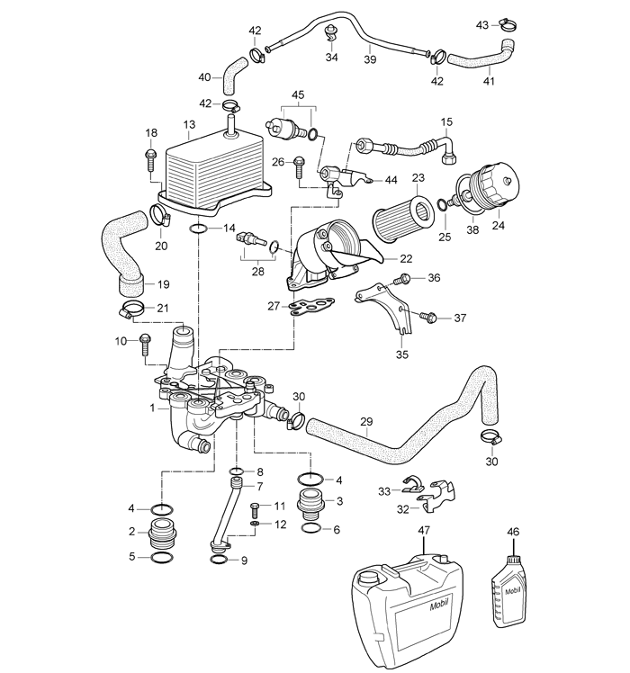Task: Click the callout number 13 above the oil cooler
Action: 188,124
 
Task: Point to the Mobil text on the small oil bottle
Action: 512,591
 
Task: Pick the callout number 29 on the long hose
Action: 365,421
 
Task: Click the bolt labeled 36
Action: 406,279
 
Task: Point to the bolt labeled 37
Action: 428,318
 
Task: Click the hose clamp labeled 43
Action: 509,24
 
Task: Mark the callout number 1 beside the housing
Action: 153,408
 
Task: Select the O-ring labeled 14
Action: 200,229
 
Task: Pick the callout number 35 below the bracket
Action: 401,354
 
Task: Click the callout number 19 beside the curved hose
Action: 163,284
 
